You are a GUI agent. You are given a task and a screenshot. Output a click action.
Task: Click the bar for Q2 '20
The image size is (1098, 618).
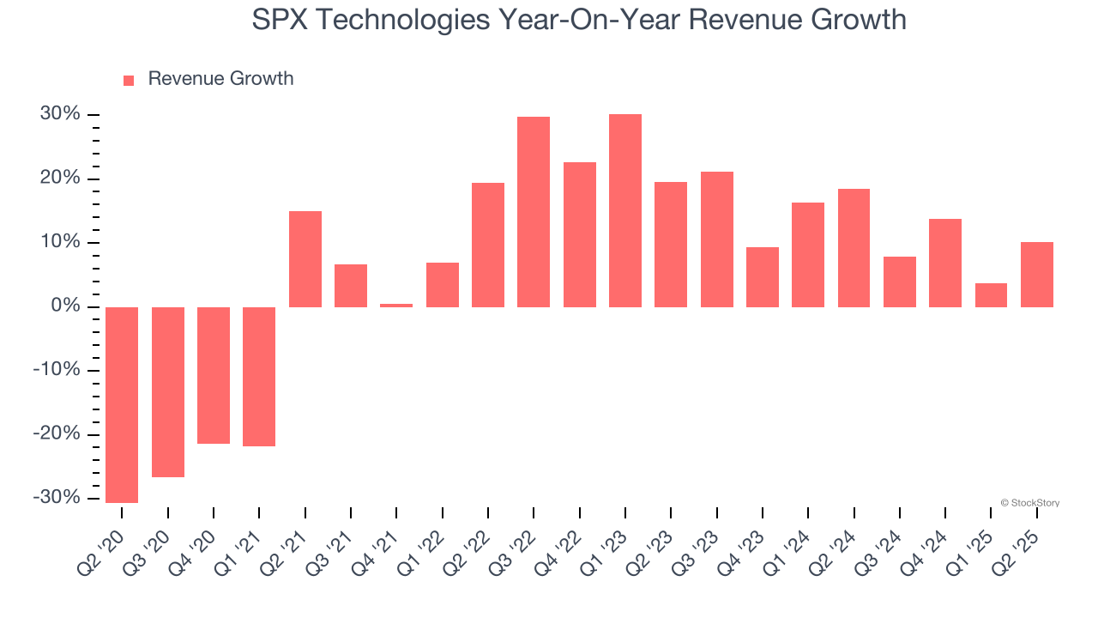pos(122,404)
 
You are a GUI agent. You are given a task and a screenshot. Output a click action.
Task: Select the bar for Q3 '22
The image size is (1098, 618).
pos(534,212)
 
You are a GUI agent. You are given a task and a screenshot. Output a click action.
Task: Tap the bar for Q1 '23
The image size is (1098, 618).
pos(625,210)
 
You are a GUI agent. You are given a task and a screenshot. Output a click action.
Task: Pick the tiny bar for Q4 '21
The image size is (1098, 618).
pos(396,305)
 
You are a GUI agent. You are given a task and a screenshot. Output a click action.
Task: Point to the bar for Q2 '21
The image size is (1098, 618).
pos(305,259)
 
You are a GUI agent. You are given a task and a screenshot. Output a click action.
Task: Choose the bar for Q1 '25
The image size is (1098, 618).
pos(991,295)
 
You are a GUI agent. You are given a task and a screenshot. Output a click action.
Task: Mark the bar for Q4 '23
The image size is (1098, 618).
pos(763,277)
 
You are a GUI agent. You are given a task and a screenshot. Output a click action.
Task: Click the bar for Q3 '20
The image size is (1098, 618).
pos(168,392)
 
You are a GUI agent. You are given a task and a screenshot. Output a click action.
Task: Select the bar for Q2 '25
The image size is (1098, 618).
pos(1037,275)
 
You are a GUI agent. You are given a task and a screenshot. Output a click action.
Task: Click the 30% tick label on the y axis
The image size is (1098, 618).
pos(59,114)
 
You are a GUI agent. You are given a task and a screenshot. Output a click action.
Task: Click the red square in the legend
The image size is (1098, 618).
pos(129,80)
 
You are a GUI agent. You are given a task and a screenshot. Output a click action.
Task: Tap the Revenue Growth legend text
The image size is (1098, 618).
pos(220,79)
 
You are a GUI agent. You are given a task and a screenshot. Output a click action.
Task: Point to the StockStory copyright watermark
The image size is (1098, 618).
pos(1029,503)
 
